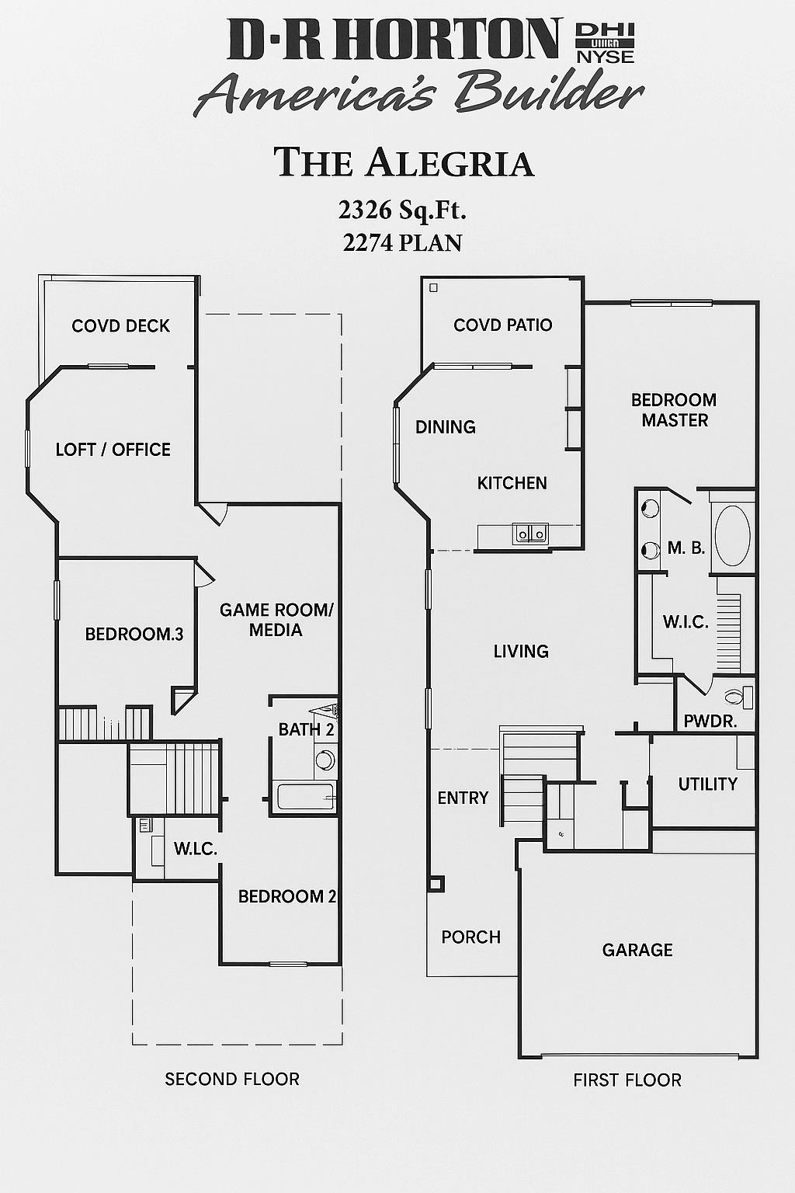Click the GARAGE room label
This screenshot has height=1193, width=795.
click(637, 950)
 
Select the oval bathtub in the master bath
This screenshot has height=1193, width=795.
click(732, 536)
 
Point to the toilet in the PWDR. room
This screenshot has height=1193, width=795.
click(738, 697)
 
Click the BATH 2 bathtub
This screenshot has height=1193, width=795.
click(306, 796)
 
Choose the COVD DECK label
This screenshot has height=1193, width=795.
click(120, 326)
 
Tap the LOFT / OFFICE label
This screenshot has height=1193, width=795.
click(113, 450)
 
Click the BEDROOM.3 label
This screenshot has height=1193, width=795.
click(134, 634)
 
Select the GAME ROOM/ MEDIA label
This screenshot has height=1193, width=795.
click(276, 620)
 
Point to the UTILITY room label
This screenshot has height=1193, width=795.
click(707, 784)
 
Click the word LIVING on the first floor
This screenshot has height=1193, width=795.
click(521, 652)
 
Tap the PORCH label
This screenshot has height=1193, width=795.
click(470, 937)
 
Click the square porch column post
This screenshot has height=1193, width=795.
click(436, 883)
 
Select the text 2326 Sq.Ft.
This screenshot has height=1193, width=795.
click(402, 210)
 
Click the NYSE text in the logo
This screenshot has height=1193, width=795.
click(605, 57)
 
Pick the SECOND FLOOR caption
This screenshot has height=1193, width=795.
click(232, 1079)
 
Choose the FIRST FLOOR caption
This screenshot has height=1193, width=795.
click(627, 1080)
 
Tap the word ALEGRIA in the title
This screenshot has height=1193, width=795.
click(450, 163)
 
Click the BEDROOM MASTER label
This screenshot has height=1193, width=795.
click(674, 410)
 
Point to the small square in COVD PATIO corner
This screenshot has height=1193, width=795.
click(433, 288)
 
